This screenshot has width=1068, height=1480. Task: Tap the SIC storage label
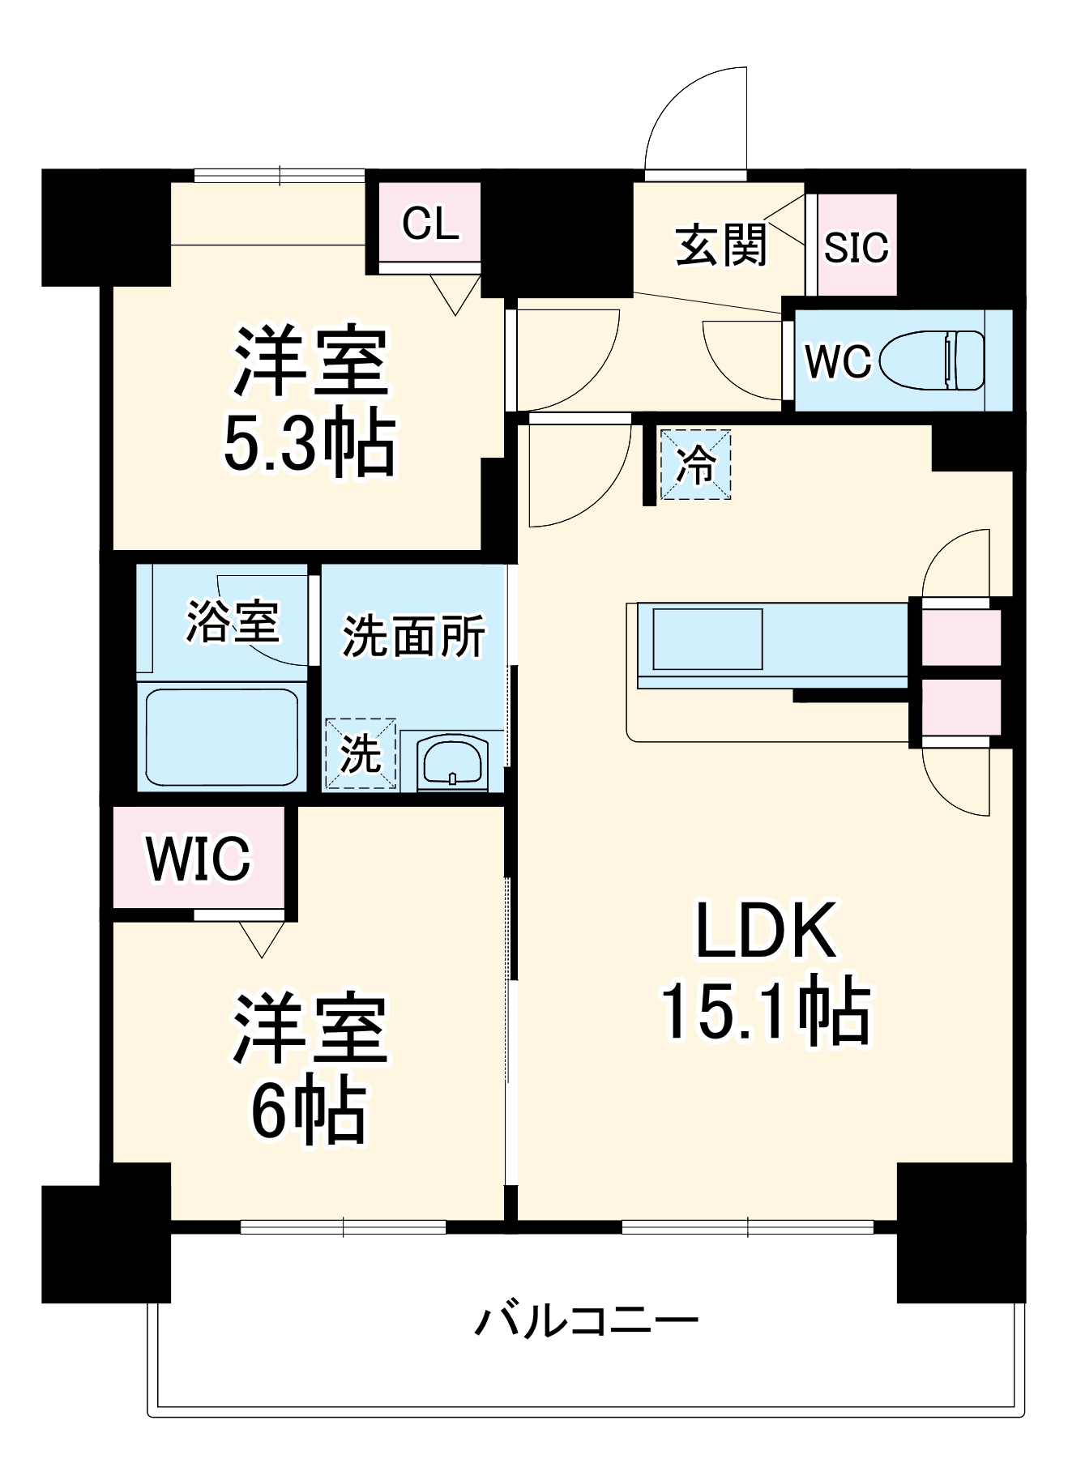point(856,246)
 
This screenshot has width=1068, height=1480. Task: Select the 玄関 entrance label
point(720,245)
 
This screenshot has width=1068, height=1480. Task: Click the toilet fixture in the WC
point(932,359)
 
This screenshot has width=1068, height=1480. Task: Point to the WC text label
point(837,361)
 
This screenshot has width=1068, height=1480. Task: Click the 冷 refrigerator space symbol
point(695,465)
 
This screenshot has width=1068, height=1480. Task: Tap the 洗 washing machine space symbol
point(361,753)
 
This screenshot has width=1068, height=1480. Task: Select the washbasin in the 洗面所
point(451,763)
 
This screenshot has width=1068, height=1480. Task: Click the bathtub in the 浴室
point(221,737)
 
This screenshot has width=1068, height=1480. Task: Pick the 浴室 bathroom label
point(233,622)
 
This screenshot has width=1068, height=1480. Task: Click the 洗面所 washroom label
point(413,637)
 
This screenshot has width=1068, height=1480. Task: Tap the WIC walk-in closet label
point(199,859)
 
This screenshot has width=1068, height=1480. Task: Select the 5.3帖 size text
point(310,445)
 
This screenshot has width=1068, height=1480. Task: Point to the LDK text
point(766,932)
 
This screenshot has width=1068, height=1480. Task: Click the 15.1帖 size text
point(766,1013)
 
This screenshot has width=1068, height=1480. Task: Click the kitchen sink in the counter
point(707,639)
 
